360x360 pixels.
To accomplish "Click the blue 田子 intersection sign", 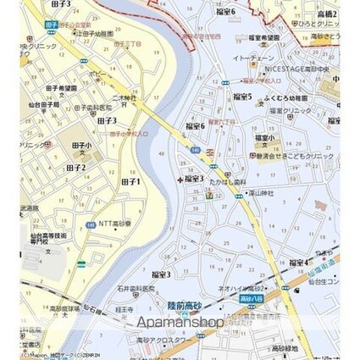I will (52, 25).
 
